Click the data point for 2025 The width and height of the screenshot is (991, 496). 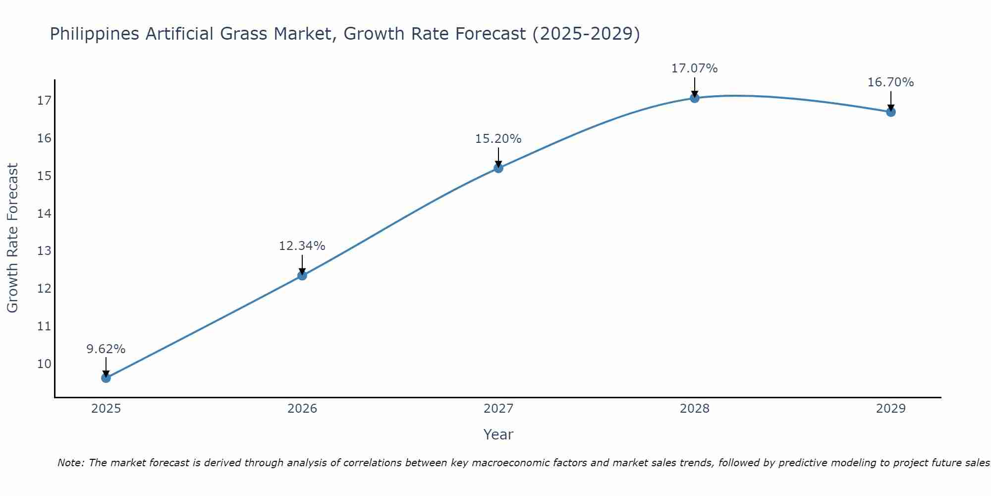[106, 378]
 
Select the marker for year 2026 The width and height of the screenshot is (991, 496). [302, 275]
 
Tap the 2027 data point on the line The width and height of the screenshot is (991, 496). [498, 168]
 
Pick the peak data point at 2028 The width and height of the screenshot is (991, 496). [695, 98]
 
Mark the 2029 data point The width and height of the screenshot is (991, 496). [891, 112]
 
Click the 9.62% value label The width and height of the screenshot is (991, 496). [106, 349]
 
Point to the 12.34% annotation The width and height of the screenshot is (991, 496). [302, 246]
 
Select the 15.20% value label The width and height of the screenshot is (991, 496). [498, 139]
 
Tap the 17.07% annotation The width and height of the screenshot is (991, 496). [695, 68]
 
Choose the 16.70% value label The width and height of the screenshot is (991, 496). [891, 82]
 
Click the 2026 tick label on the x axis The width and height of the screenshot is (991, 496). [302, 409]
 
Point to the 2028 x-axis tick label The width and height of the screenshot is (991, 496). [695, 409]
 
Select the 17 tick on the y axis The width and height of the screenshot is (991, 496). [44, 101]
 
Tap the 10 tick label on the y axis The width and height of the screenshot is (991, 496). [44, 364]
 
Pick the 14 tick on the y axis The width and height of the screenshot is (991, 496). [44, 214]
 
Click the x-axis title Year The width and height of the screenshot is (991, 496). [498, 434]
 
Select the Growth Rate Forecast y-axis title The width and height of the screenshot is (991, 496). [13, 238]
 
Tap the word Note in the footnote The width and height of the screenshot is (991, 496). [70, 463]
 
